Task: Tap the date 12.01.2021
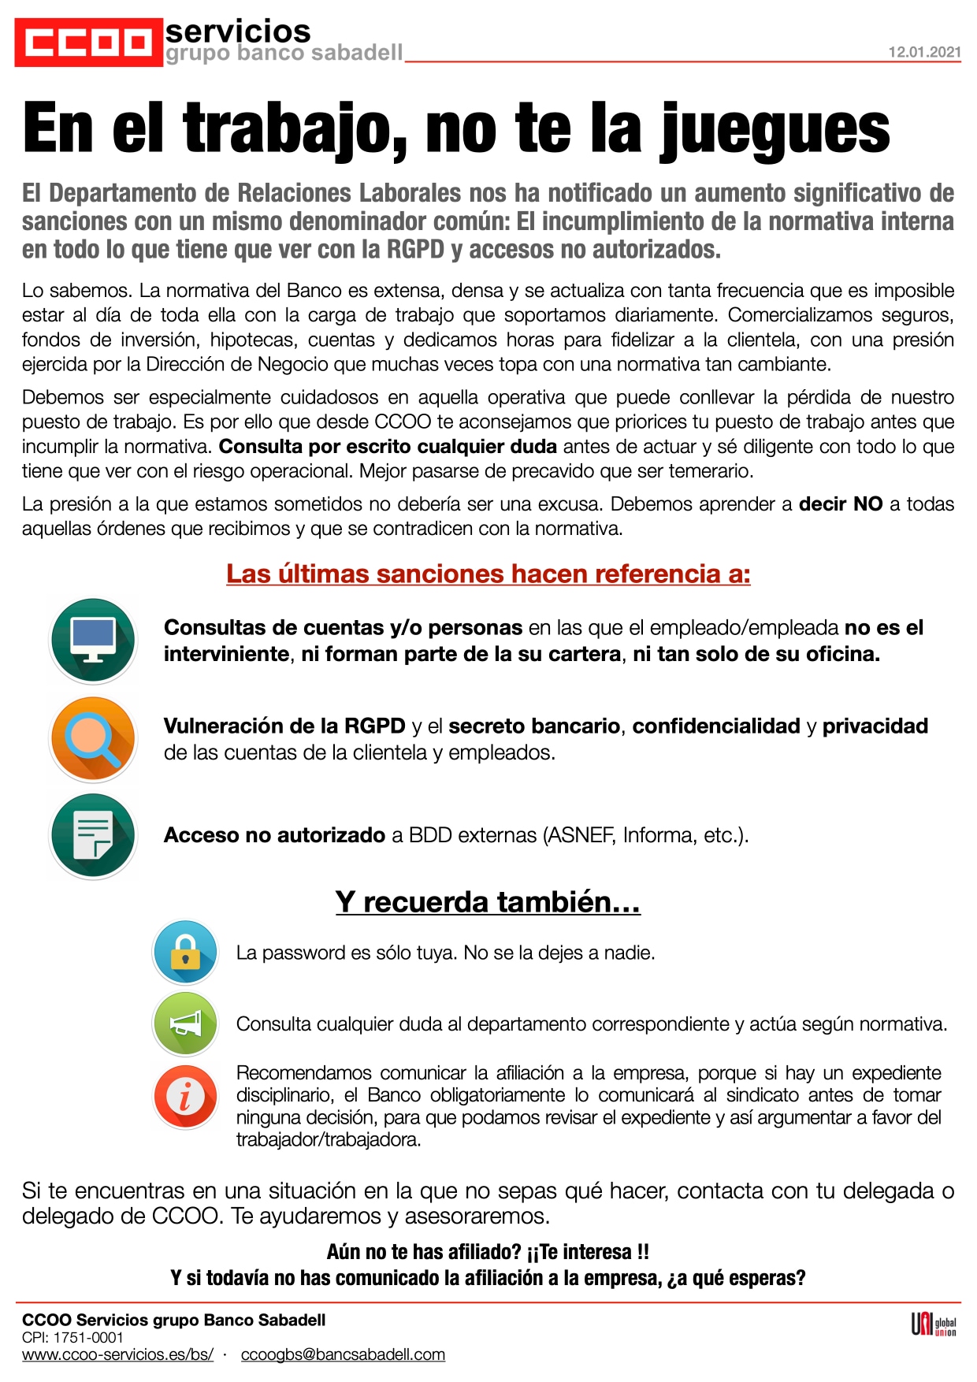pyautogui.click(x=924, y=52)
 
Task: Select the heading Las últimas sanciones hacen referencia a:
pyautogui.click(x=488, y=574)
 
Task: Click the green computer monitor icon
pyautogui.click(x=93, y=640)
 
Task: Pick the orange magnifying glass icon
pyautogui.click(x=93, y=738)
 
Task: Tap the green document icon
pyautogui.click(x=93, y=835)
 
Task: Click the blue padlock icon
pyautogui.click(x=185, y=952)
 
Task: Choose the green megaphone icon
pyautogui.click(x=185, y=1023)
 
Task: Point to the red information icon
pyautogui.click(x=185, y=1096)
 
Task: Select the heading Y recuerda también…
pyautogui.click(x=488, y=901)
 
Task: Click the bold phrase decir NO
pyautogui.click(x=840, y=504)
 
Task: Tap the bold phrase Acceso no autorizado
pyautogui.click(x=274, y=835)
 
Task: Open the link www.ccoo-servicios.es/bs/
pyautogui.click(x=117, y=1354)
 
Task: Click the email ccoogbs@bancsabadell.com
pyautogui.click(x=343, y=1354)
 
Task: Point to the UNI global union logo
pyautogui.click(x=934, y=1325)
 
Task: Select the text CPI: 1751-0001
pyautogui.click(x=72, y=1337)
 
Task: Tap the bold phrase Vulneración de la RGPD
pyautogui.click(x=284, y=726)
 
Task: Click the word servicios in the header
pyautogui.click(x=238, y=32)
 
